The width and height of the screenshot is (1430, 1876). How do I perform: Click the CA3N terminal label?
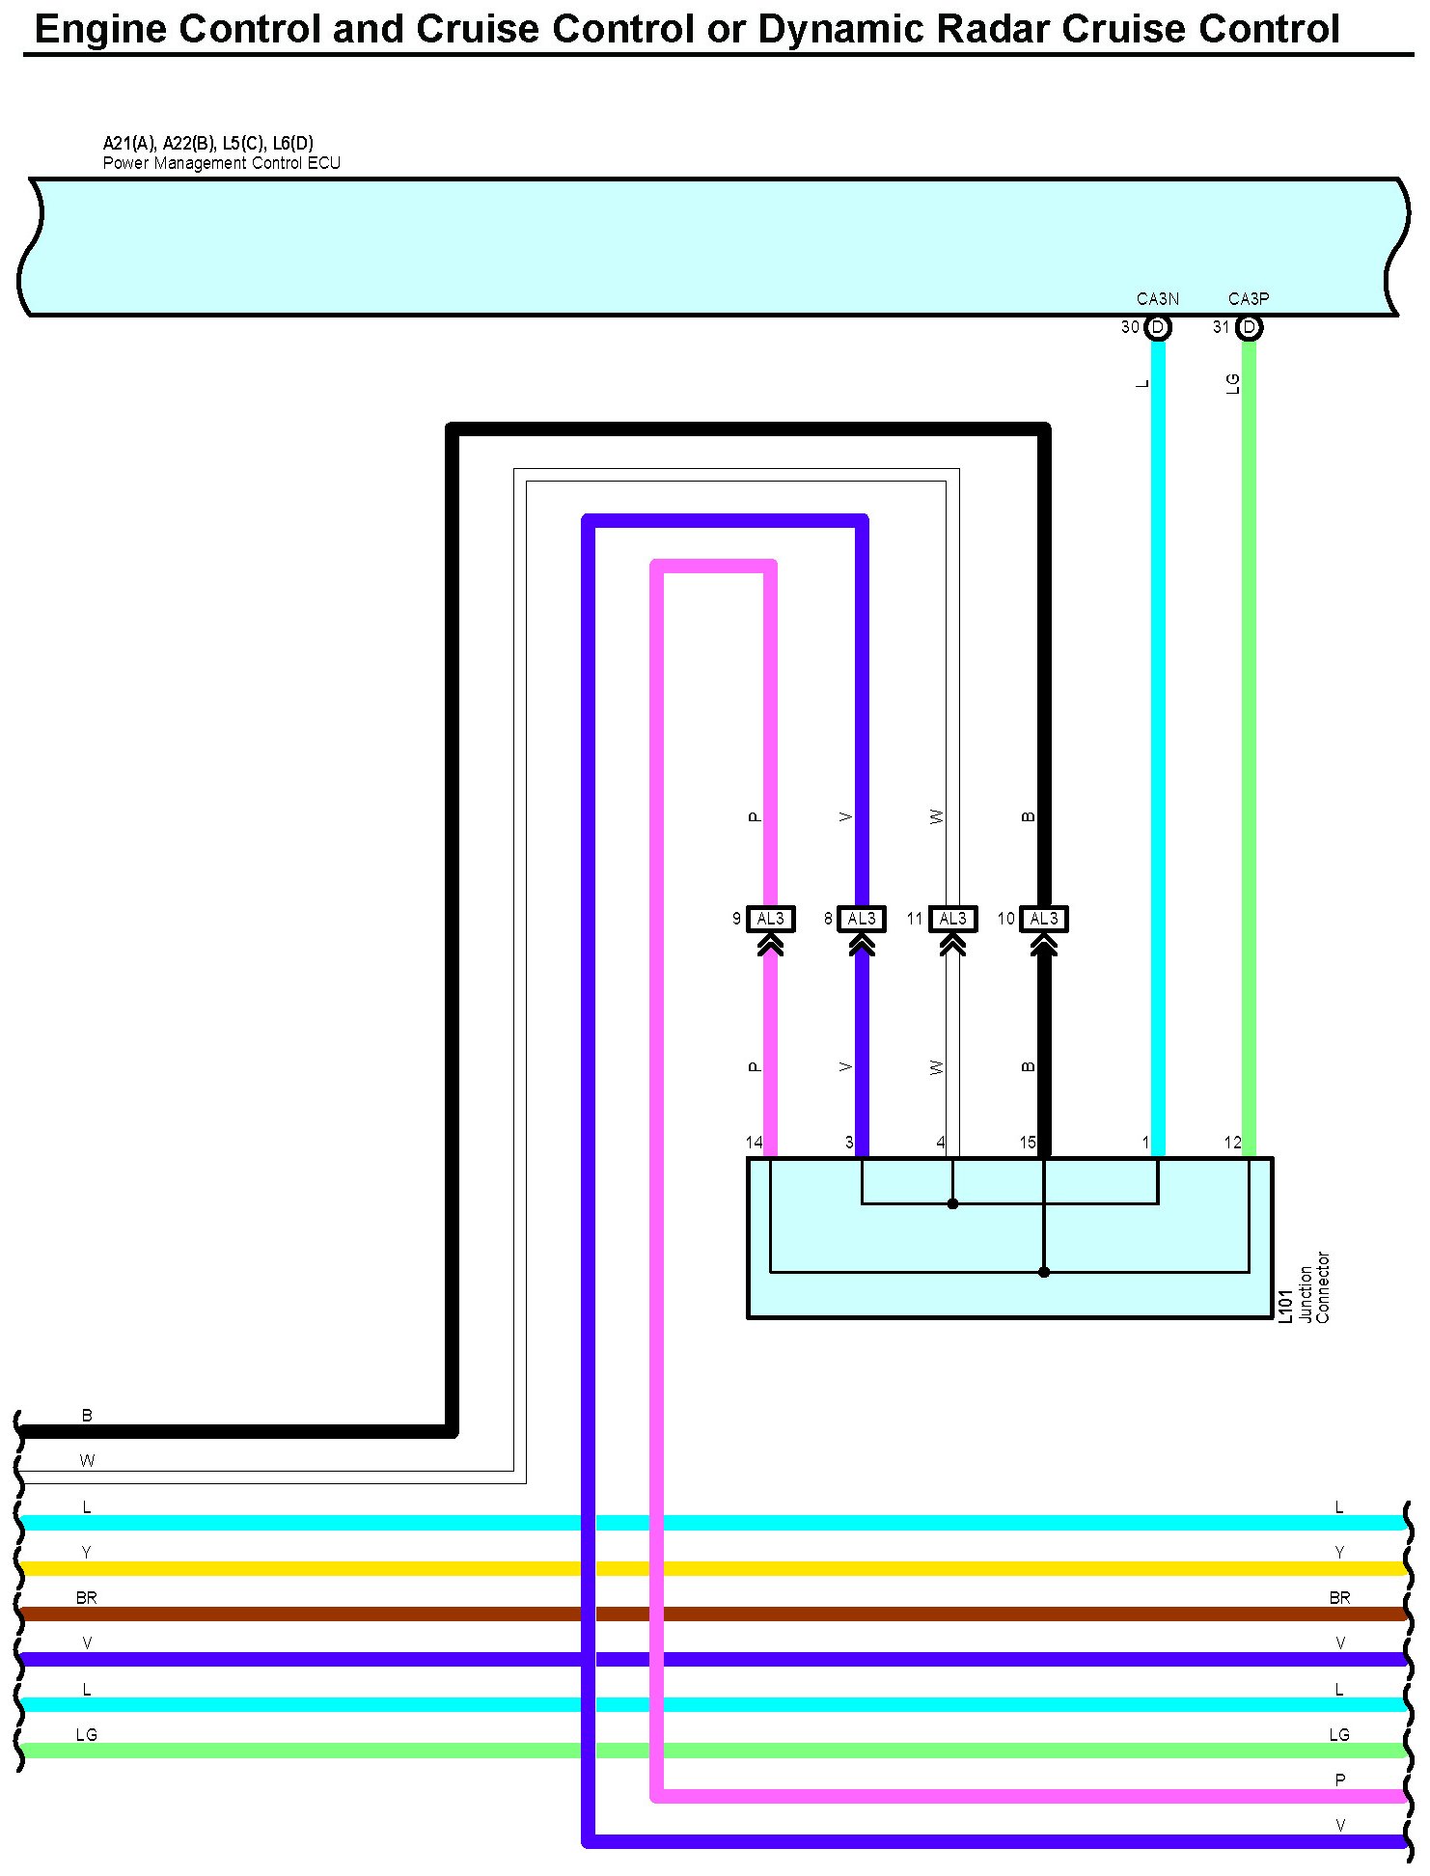(1157, 299)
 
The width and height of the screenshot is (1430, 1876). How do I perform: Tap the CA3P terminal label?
(1249, 299)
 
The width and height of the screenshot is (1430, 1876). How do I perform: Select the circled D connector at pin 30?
(1158, 327)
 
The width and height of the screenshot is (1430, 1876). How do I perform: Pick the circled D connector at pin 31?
(1249, 327)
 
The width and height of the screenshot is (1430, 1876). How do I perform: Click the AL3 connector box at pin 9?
(771, 919)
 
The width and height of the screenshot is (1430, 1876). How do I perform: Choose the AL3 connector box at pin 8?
(862, 919)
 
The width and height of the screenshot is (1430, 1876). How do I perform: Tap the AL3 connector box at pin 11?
(952, 919)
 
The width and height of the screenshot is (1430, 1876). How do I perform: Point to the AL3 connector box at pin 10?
(1044, 919)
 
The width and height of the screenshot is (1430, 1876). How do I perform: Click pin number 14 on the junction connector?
(754, 1143)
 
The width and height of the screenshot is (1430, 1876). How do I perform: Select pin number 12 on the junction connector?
(1232, 1143)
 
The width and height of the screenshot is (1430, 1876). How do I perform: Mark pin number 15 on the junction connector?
(1028, 1143)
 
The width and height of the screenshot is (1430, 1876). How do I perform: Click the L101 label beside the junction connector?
(1285, 1306)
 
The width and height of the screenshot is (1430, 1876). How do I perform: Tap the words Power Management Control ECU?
(222, 163)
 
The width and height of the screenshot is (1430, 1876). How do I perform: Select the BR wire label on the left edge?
(87, 1597)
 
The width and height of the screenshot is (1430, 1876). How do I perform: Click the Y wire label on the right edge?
(1339, 1552)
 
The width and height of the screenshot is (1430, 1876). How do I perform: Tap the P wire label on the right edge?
(1339, 1779)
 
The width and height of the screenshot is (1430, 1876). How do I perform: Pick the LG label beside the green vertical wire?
(1232, 384)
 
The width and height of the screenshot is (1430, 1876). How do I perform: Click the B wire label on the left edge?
(87, 1415)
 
